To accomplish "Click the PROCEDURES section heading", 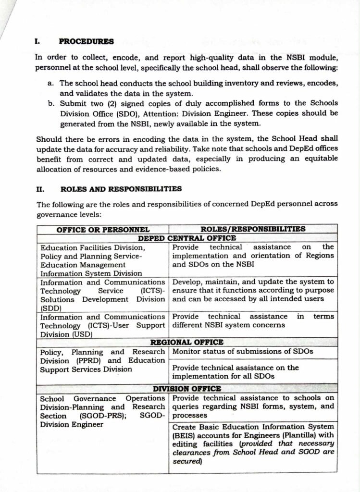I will (x=87, y=41).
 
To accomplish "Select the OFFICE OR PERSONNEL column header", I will (x=103, y=230).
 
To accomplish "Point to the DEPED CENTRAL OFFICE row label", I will (x=187, y=238).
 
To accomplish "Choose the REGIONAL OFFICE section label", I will (x=187, y=342).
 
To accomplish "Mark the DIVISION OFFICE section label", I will (x=187, y=389).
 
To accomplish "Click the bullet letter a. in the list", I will (x=50, y=83).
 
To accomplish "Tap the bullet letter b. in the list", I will (x=51, y=103).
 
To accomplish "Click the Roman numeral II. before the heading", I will (x=41, y=189).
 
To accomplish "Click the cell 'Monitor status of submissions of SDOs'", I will (x=243, y=351).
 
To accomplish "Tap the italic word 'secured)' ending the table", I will (x=187, y=461).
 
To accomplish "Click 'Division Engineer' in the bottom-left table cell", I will (x=72, y=424).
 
